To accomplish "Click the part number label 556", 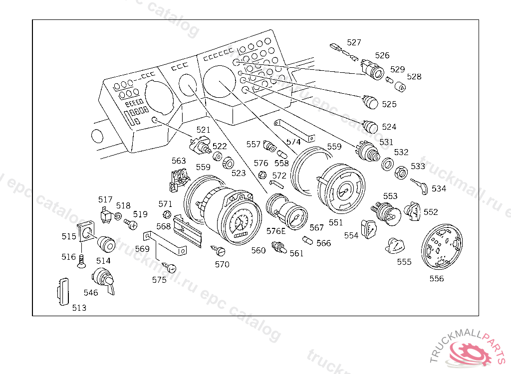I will [437, 279].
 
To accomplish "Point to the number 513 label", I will [79, 308].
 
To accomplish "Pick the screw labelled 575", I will [170, 268].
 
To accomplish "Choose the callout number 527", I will [354, 42].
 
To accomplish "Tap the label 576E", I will [276, 231].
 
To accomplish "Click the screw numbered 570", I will [220, 250].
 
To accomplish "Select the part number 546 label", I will [91, 293].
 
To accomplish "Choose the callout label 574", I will [293, 142].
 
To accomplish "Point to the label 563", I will [179, 161].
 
